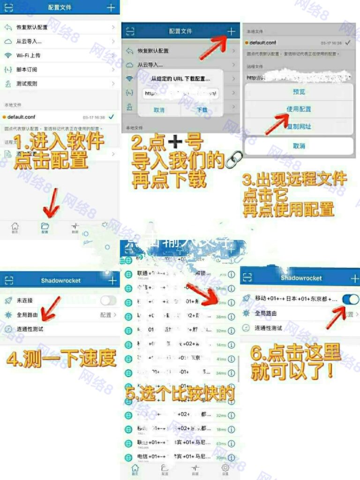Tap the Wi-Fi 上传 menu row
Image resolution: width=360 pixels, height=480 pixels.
(x=28, y=55)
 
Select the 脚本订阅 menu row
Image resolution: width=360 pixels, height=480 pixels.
(x=27, y=69)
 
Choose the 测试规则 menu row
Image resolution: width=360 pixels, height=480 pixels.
(x=27, y=84)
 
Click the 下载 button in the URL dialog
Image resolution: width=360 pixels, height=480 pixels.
(x=202, y=110)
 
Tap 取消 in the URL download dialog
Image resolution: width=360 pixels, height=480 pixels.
(x=159, y=110)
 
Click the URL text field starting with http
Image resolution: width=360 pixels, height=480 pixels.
(x=180, y=93)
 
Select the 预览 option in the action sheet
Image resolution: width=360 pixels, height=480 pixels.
(x=299, y=92)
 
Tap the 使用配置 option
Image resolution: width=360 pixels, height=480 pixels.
(x=299, y=109)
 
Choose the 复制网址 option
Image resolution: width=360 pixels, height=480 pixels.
(x=299, y=127)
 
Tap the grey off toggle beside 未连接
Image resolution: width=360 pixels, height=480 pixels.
(x=108, y=300)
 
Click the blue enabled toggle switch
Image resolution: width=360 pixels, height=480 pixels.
(x=351, y=300)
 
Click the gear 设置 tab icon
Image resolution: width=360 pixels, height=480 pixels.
(x=225, y=468)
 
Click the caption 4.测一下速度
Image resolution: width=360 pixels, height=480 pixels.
(x=61, y=359)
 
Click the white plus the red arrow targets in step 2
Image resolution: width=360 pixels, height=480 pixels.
(x=231, y=31)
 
